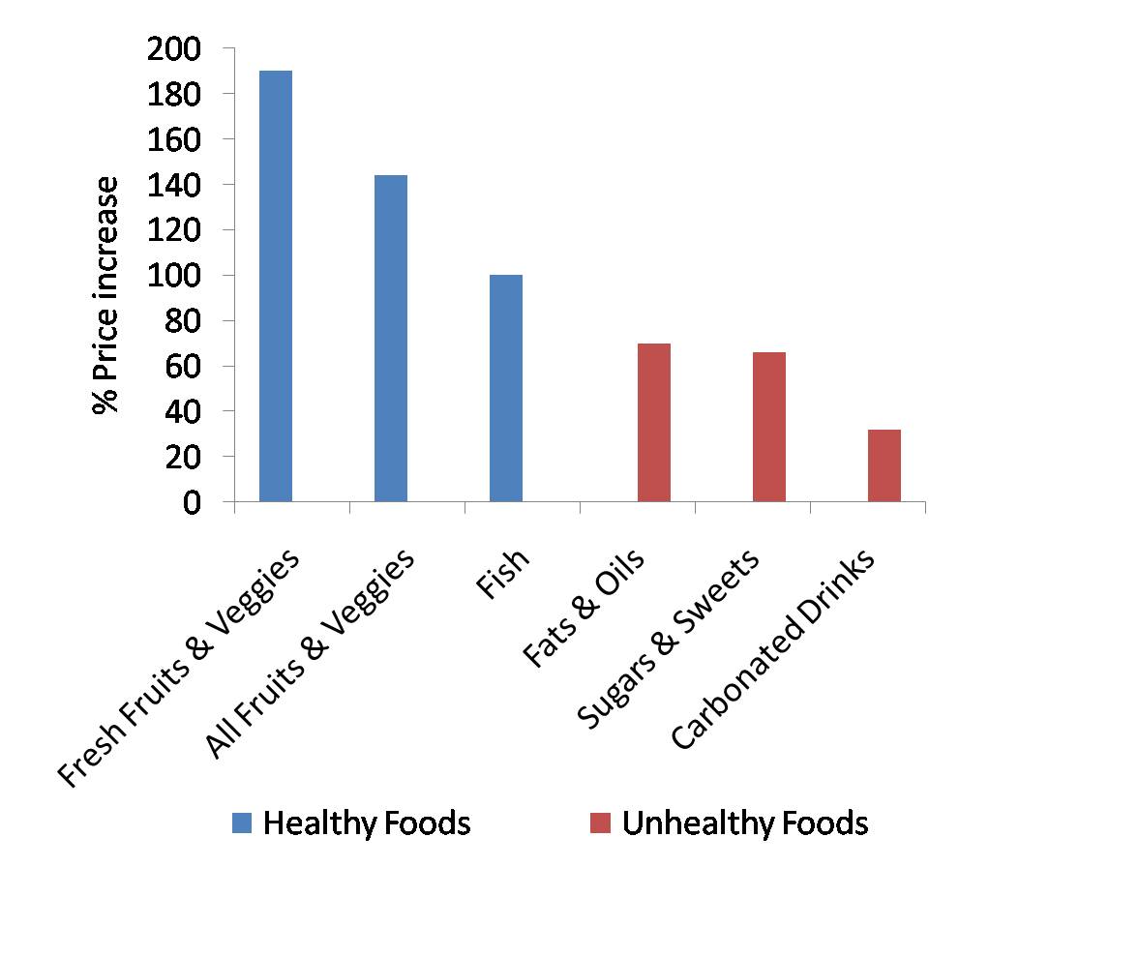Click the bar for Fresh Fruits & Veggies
point(276,286)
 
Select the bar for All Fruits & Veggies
point(391,339)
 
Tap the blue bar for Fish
point(506,388)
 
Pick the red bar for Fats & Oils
point(654,423)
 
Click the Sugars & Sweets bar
point(769,427)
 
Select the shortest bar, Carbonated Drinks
point(884,465)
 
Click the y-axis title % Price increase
point(105,295)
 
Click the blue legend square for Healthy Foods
point(242,823)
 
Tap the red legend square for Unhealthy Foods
point(601,823)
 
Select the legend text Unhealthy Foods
point(745,823)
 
